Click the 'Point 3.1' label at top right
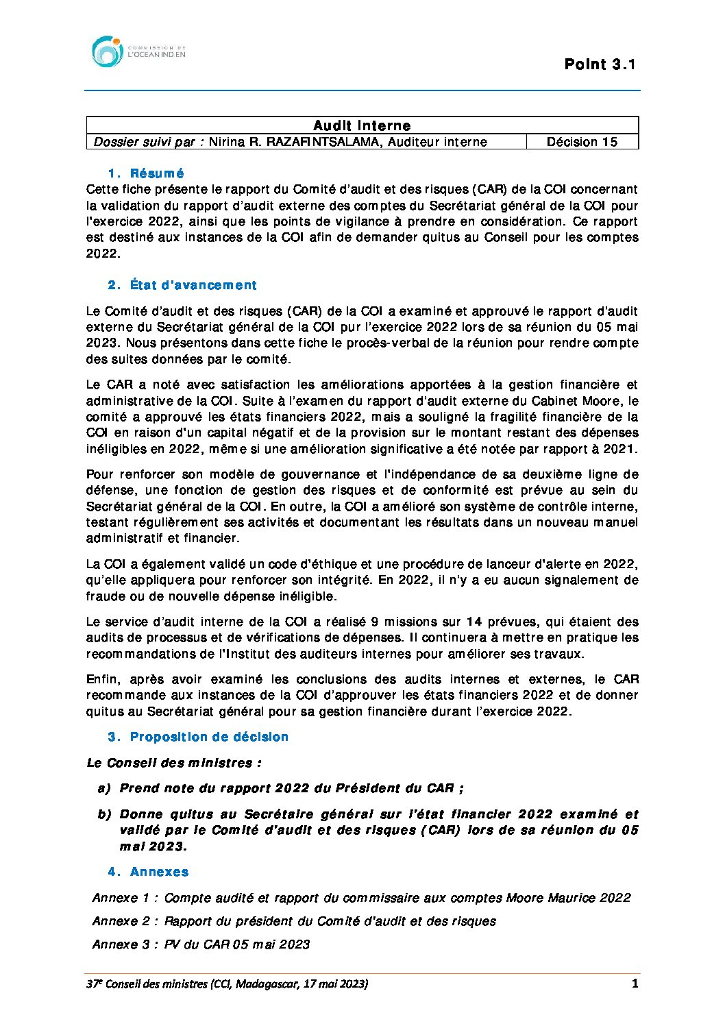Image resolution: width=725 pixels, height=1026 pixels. (x=600, y=64)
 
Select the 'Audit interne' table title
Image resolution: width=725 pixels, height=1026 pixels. (x=362, y=125)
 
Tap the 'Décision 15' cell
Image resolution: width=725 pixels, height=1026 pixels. (x=582, y=142)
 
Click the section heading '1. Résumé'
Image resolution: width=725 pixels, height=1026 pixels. (x=146, y=173)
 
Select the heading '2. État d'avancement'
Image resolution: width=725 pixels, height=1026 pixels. (x=182, y=285)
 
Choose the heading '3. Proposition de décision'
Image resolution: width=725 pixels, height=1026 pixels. (x=198, y=737)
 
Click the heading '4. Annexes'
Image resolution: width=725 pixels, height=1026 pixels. (x=148, y=872)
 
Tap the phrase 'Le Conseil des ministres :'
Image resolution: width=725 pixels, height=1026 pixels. (x=174, y=763)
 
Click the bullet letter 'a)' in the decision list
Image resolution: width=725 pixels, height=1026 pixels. (x=104, y=788)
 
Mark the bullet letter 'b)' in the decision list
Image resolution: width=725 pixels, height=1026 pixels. (x=104, y=814)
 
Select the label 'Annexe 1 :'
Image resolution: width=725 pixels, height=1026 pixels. (x=125, y=898)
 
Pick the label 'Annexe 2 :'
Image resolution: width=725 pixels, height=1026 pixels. (x=125, y=921)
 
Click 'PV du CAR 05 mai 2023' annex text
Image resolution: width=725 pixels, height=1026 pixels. (x=237, y=944)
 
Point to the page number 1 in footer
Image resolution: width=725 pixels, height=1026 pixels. (x=635, y=984)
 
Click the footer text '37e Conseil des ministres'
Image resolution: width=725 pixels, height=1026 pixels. (x=147, y=984)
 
